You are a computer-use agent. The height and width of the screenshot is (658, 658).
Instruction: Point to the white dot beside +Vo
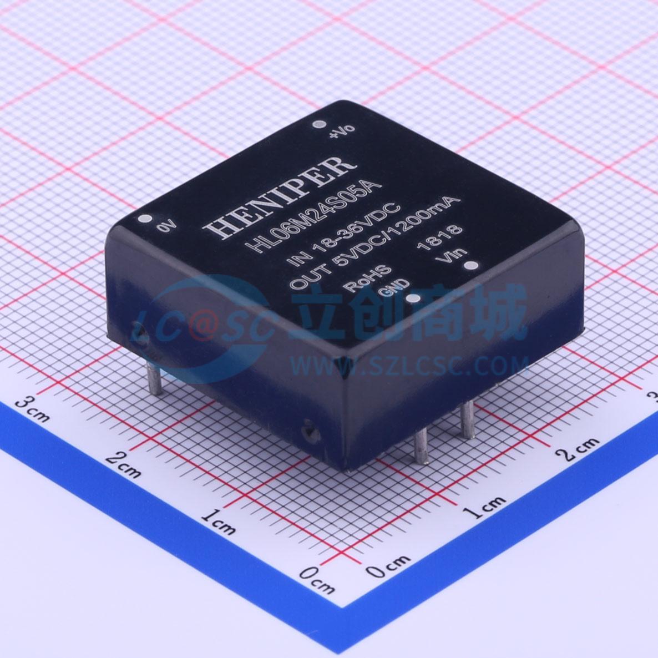319,125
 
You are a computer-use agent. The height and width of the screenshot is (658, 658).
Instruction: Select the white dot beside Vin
471,266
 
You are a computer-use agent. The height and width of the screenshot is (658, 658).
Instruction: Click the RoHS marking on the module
368,278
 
